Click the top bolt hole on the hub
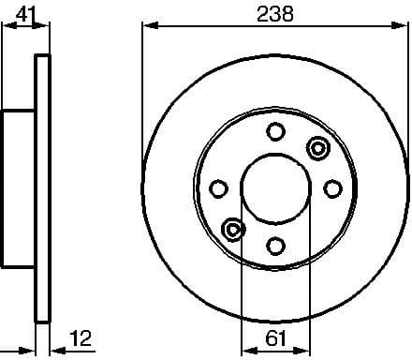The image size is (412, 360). tap(274, 132)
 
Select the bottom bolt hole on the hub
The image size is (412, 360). tap(274, 245)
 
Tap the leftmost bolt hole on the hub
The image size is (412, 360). tap(218, 188)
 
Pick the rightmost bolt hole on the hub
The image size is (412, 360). tap(331, 188)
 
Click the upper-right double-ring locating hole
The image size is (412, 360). tap(317, 147)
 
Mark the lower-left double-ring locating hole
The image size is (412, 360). tap(232, 229)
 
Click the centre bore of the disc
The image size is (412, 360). tap(274, 188)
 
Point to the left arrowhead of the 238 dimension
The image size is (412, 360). tap(148, 27)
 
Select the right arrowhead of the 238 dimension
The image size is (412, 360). tap(402, 27)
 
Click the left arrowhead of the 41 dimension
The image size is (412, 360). tap(6, 27)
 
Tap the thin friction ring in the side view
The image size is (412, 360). tap(41, 188)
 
